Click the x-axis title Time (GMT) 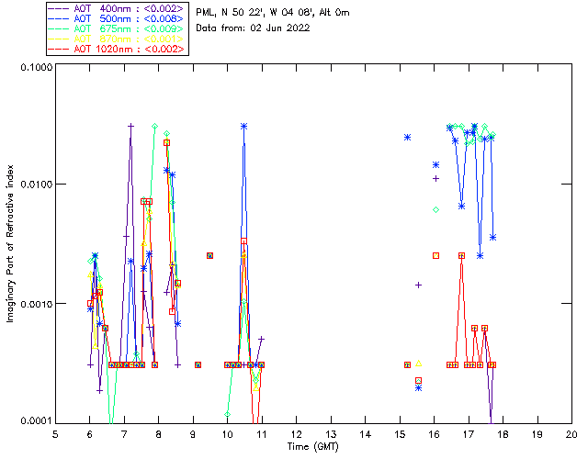pyautogui.click(x=312, y=446)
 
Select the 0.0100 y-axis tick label pyautogui.click(x=35, y=185)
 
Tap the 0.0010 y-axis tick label pyautogui.click(x=35, y=304)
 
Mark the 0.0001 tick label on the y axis pyautogui.click(x=35, y=421)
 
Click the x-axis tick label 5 pyautogui.click(x=55, y=434)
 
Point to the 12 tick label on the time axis pyautogui.click(x=296, y=434)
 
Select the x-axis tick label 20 pyautogui.click(x=571, y=434)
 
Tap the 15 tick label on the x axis pyautogui.click(x=400, y=434)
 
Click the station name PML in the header pyautogui.click(x=206, y=12)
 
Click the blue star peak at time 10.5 pyautogui.click(x=244, y=127)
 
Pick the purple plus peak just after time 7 pyautogui.click(x=131, y=126)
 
